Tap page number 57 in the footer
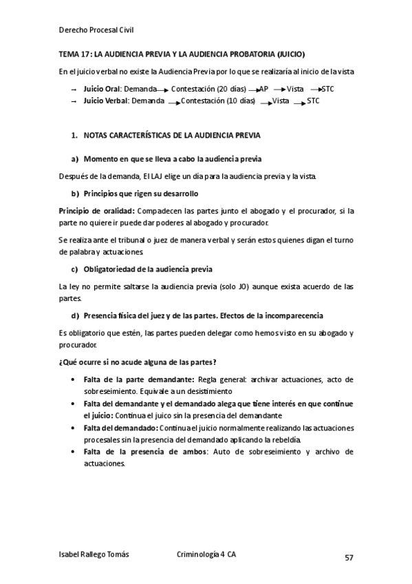coord(349,558)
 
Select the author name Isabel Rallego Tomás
coord(95,554)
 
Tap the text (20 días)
coord(232,90)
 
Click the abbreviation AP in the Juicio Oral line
coord(263,90)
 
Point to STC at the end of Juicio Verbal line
coord(313,101)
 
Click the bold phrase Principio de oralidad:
coord(96,211)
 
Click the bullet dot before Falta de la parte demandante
coord(74,379)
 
